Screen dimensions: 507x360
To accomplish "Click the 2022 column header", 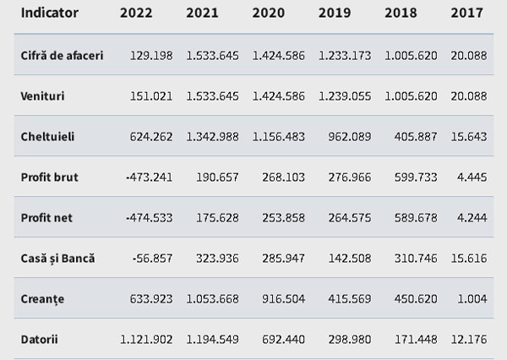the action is point(136,13).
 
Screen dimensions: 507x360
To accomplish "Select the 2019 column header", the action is point(335,13).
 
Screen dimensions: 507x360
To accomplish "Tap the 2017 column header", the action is point(467,13).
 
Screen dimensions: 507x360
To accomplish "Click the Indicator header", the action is point(50,13).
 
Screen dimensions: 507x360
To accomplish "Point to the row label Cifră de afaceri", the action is point(62,56).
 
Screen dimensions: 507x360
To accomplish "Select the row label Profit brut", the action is point(50,177).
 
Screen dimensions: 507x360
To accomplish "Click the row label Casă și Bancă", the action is point(57,259).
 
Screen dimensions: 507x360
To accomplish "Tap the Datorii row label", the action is point(40,340).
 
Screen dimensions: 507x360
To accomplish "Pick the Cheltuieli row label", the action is point(47,137).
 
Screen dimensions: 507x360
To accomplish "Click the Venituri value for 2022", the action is point(151,96).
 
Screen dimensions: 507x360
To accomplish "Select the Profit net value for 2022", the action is point(149,218).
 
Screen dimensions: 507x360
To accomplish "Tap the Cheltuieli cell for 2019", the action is point(350,137).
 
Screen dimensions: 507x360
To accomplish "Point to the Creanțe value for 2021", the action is point(212,299).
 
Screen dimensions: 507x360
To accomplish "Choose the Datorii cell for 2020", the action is point(283,340).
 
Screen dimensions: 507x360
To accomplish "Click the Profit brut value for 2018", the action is point(416,177).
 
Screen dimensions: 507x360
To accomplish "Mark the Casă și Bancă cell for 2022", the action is point(152,259).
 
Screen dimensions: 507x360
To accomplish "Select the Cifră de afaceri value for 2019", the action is point(345,56).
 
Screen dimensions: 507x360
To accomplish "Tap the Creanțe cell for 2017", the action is point(472,299).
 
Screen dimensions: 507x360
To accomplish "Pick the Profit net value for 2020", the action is point(283,218).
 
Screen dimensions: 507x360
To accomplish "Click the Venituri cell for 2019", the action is point(345,96).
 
